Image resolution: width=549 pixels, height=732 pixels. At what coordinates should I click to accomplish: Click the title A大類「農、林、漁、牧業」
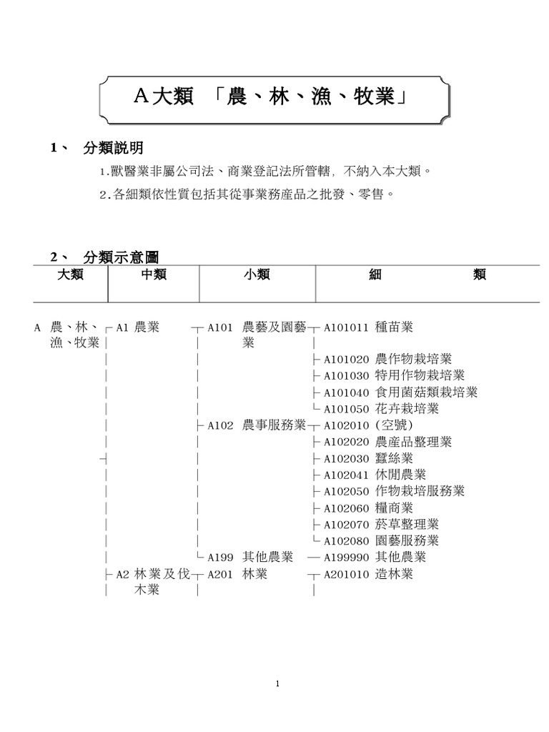click(x=275, y=97)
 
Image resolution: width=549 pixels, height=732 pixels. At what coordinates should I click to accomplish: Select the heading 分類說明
click(x=113, y=148)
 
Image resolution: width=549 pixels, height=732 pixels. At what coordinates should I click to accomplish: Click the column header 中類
click(x=154, y=274)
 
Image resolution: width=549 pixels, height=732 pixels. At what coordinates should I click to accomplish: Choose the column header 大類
click(x=70, y=274)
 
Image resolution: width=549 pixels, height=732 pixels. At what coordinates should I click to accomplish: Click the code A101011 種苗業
click(x=368, y=327)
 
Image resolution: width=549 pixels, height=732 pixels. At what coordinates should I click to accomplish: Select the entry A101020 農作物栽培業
click(x=387, y=359)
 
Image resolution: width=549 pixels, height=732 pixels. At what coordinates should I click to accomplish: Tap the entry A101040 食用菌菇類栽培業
click(x=400, y=392)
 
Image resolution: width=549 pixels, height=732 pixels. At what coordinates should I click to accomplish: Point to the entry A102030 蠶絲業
click(x=368, y=458)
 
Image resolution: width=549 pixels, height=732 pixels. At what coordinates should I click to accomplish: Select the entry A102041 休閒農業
click(x=375, y=475)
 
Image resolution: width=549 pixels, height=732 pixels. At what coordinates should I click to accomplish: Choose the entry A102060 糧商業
click(x=368, y=508)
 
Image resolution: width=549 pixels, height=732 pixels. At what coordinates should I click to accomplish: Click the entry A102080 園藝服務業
click(x=381, y=540)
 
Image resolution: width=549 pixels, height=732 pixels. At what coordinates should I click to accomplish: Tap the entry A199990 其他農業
click(x=375, y=557)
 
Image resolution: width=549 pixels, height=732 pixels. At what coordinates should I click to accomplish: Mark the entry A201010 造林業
click(x=368, y=574)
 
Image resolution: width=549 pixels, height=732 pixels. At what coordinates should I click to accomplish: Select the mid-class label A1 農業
click(x=137, y=327)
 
